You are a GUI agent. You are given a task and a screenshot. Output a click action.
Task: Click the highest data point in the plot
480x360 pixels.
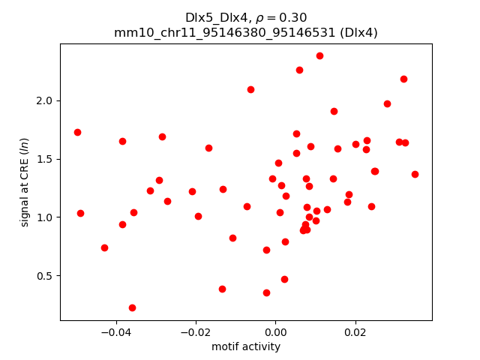point(319,55)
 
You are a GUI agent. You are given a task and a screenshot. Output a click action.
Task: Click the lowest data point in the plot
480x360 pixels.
point(132,307)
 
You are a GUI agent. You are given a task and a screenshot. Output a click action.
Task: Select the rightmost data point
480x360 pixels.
point(415,174)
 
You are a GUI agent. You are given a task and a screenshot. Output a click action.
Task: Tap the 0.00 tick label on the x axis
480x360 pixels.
point(276,332)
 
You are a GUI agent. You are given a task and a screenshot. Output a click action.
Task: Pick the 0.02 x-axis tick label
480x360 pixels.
point(355,332)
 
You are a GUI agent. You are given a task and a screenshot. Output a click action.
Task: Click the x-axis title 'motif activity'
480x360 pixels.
point(246,346)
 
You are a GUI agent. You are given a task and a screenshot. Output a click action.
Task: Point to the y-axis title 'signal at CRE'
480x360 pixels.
point(25,182)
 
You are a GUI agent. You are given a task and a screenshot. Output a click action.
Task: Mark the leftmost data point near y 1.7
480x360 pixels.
point(77,132)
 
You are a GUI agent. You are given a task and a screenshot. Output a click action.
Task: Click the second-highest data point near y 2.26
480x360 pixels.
point(299,70)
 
